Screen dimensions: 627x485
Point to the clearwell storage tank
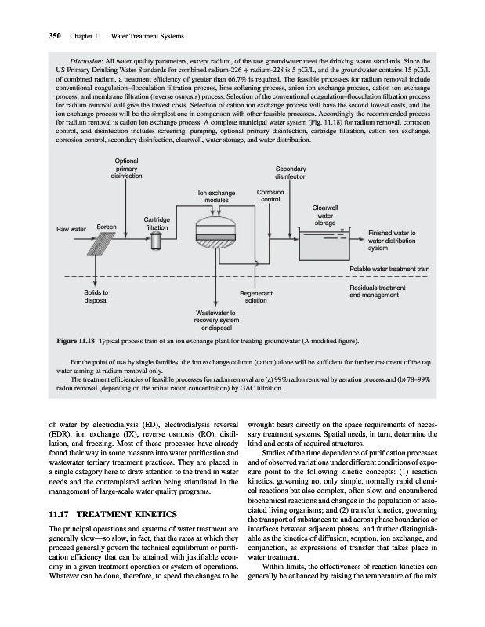(327, 241)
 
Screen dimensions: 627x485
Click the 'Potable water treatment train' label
(388, 269)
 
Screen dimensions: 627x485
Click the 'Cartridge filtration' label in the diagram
(160, 223)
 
